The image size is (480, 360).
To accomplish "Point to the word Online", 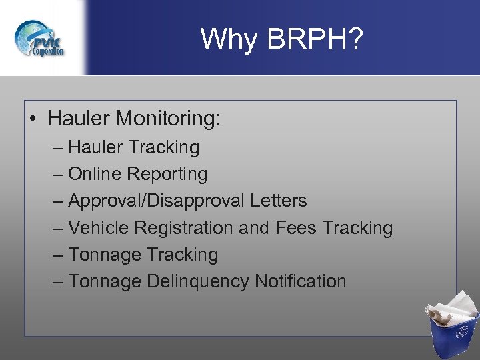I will point(95,174).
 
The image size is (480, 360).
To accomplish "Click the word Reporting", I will point(167,174).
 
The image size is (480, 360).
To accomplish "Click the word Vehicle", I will point(99,228).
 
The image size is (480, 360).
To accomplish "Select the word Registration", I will point(183,228).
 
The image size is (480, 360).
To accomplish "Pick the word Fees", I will point(295,228).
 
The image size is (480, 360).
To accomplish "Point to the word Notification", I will point(301,281).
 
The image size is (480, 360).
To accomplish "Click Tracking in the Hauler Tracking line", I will point(164,147).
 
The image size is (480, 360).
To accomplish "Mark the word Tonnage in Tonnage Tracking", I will point(105,255).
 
